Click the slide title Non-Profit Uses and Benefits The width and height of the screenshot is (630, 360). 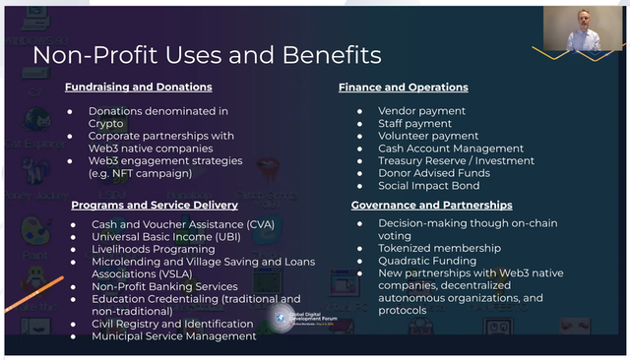coord(207,54)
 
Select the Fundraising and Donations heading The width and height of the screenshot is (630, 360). coord(138,88)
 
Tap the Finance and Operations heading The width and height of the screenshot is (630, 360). coord(404,88)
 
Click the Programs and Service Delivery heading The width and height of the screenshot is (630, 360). coord(155,205)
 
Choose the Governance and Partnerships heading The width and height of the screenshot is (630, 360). coord(432,205)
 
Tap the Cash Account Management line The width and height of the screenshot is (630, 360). coord(437,149)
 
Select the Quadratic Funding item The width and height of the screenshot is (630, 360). coord(427,261)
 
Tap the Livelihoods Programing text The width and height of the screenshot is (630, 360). coord(153,249)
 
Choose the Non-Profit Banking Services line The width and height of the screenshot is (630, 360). coord(165,286)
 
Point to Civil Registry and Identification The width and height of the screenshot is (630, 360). coord(172,324)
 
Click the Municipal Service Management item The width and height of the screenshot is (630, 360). coord(173,335)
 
